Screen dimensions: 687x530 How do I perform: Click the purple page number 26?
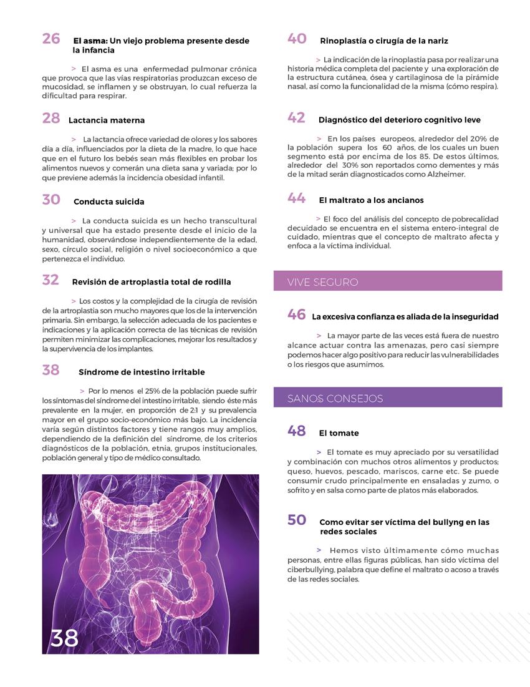pyautogui.click(x=51, y=39)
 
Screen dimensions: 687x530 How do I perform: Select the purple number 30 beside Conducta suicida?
pyautogui.click(x=51, y=200)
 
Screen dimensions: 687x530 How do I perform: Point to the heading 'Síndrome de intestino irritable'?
pyautogui.click(x=142, y=372)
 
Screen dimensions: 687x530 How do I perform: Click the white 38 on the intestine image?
pyautogui.click(x=64, y=638)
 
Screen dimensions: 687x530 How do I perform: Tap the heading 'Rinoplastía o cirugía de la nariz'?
pyautogui.click(x=383, y=41)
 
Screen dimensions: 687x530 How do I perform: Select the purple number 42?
pyautogui.click(x=296, y=118)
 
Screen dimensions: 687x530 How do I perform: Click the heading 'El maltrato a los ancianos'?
pyautogui.click(x=371, y=200)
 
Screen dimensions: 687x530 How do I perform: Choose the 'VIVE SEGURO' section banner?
pyautogui.click(x=387, y=281)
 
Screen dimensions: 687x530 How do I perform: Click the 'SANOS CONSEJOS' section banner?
pyautogui.click(x=387, y=398)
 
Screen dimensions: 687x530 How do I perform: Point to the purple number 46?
pyautogui.click(x=296, y=315)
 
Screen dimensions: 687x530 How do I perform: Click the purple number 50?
pyautogui.click(x=296, y=520)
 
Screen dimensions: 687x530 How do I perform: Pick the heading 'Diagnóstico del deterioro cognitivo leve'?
pyautogui.click(x=399, y=120)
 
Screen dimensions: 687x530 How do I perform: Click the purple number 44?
pyautogui.click(x=296, y=198)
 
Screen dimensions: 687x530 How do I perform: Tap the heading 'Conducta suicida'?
pyautogui.click(x=108, y=202)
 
